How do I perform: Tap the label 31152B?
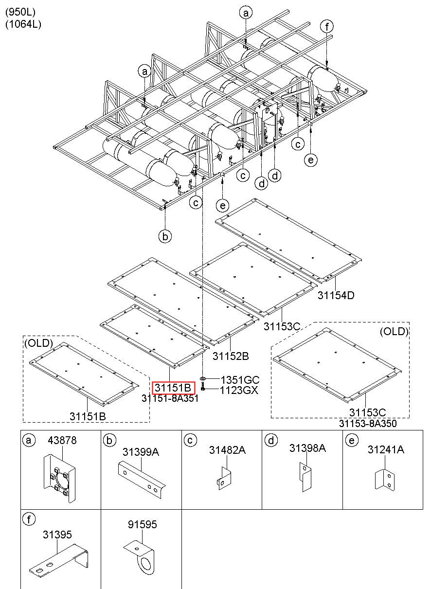[231, 356]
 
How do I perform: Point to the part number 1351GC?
[240, 380]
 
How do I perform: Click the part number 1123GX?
[239, 390]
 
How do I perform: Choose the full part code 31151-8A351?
[170, 398]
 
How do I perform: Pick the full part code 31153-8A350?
[368, 424]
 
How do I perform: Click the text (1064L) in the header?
[23, 24]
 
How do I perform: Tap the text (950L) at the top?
[20, 11]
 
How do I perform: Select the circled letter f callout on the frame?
[327, 26]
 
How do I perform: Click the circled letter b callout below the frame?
[165, 236]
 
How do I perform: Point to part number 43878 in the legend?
[62, 440]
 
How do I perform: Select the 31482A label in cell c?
[227, 450]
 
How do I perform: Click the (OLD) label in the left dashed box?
[38, 342]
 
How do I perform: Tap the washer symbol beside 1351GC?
[203, 378]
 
